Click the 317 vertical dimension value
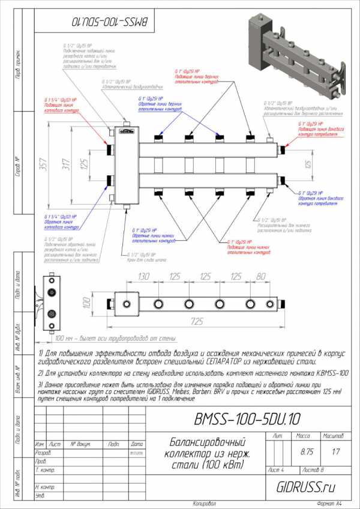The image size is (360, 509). (x=65, y=163)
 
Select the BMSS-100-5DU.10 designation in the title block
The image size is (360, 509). (x=247, y=418)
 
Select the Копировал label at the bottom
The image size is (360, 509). (x=203, y=502)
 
